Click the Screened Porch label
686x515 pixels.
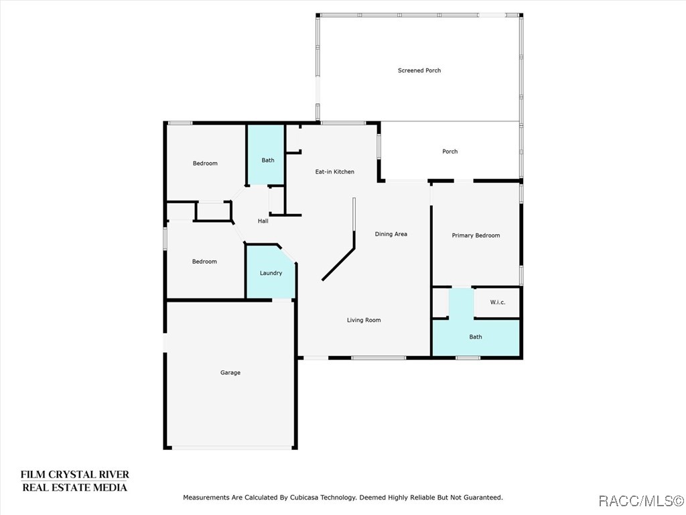(x=419, y=70)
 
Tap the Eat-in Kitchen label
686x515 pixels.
(x=335, y=172)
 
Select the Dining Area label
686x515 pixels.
(x=391, y=234)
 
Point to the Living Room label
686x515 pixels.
(x=364, y=320)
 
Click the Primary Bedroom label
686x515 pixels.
(x=476, y=235)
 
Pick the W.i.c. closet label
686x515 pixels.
(x=498, y=302)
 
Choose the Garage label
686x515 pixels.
(x=230, y=373)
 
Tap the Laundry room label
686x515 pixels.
(x=271, y=274)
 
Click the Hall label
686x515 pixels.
(x=263, y=221)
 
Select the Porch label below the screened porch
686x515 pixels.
(x=450, y=152)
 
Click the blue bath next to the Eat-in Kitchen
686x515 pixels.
(x=266, y=155)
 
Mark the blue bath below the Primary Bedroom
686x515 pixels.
(x=476, y=337)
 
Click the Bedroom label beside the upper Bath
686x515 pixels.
(x=205, y=164)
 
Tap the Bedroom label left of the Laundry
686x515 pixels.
(x=204, y=262)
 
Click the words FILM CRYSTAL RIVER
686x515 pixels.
(x=75, y=475)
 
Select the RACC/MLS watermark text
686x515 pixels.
(x=641, y=500)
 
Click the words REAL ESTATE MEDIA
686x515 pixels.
(x=75, y=488)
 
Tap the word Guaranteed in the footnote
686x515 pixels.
(x=486, y=498)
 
